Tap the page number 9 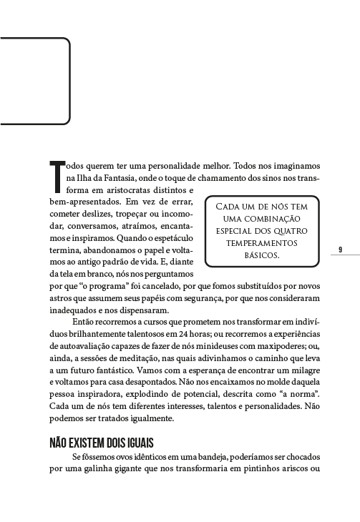click(339, 250)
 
